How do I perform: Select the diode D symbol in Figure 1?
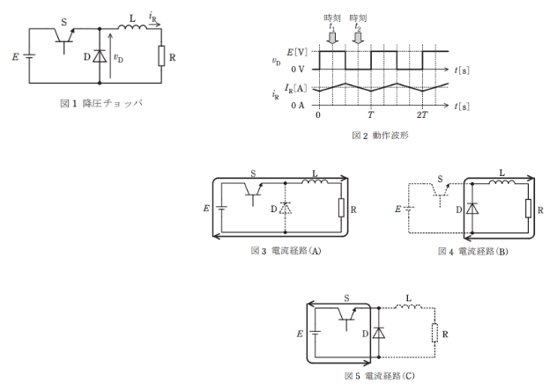click(100, 56)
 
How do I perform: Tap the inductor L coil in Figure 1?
click(132, 27)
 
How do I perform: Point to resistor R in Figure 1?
click(161, 55)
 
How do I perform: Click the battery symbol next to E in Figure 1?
click(29, 56)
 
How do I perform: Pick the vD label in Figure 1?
click(118, 58)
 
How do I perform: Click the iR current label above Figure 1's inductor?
click(152, 17)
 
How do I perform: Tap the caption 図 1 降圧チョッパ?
click(101, 103)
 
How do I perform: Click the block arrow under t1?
click(332, 38)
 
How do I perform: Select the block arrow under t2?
click(358, 38)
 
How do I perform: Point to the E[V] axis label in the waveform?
click(297, 52)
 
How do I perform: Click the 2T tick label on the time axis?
click(422, 115)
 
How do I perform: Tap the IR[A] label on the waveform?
click(295, 88)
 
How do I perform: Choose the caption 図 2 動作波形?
click(380, 136)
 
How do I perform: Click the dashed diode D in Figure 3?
click(286, 208)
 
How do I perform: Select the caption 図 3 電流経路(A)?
click(286, 251)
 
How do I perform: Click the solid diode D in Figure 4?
click(472, 209)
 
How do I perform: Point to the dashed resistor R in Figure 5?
click(434, 333)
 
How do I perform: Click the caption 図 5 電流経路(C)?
click(379, 376)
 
